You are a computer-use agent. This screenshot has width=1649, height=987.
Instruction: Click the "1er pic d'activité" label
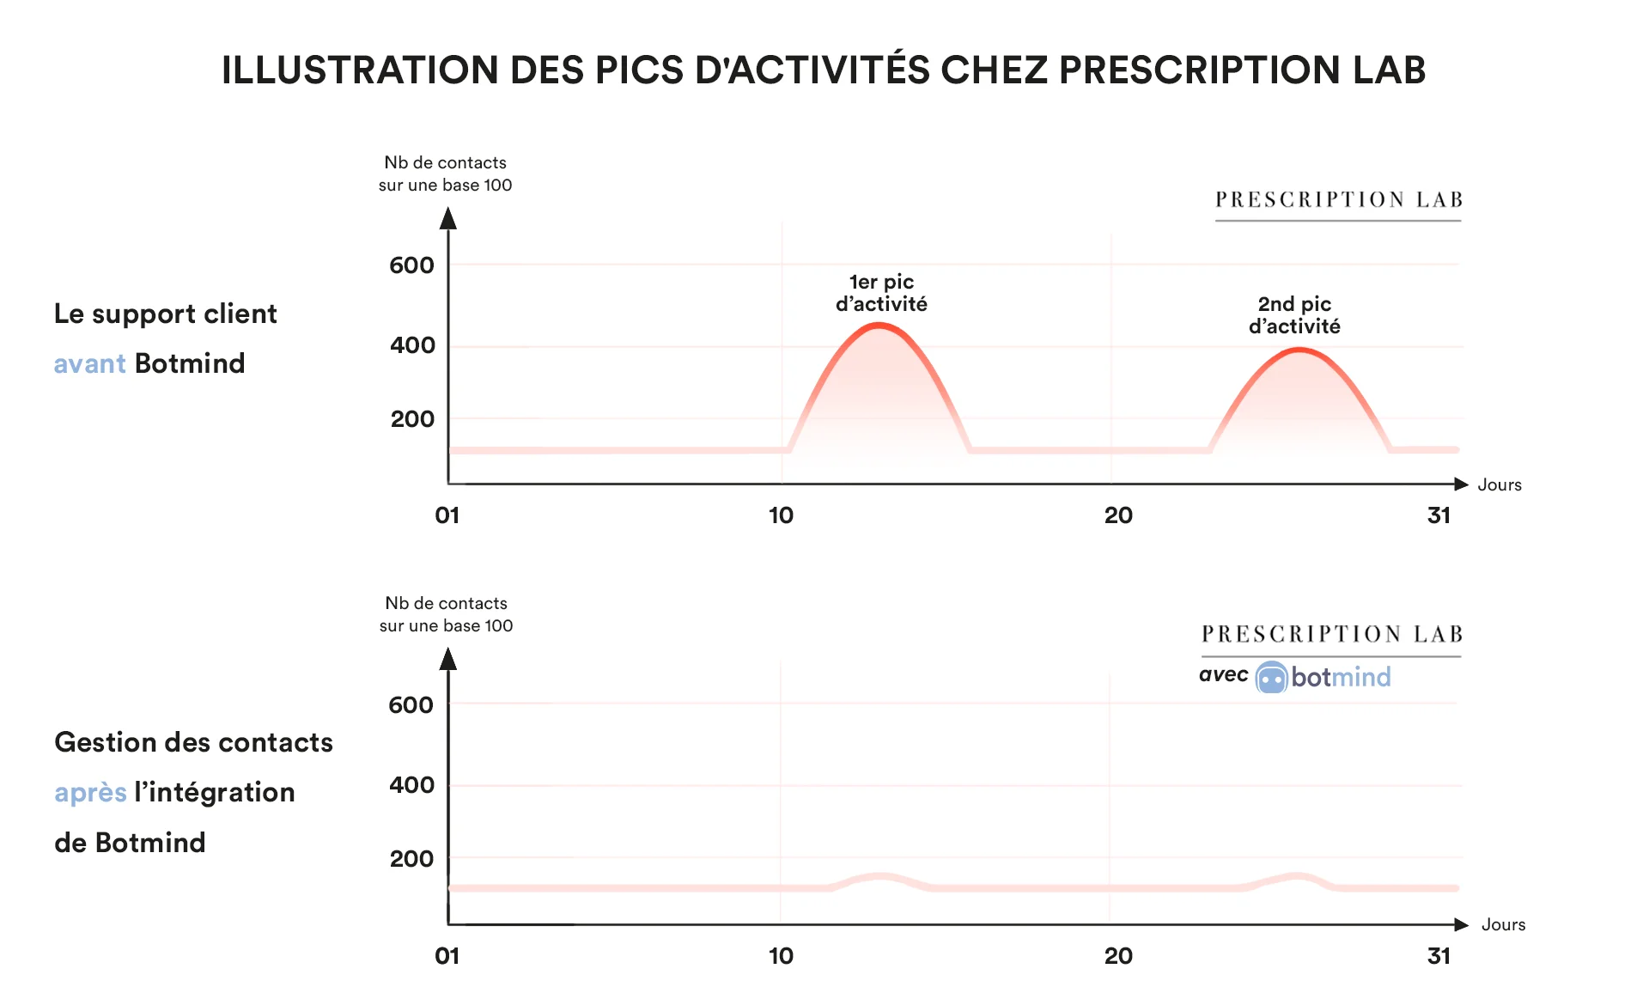coord(881,293)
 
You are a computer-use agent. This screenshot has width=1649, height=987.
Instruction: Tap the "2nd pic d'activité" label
coord(1294,315)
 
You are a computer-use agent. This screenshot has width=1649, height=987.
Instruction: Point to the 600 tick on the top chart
coord(411,265)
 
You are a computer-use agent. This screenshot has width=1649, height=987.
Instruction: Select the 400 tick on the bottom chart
coord(411,785)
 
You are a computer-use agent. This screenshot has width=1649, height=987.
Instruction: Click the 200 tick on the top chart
coord(412,419)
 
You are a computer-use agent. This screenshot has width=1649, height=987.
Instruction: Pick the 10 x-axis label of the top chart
coord(781,515)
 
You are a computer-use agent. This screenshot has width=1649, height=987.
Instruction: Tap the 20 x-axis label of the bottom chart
coord(1118,956)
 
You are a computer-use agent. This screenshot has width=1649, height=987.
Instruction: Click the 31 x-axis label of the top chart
coord(1439,515)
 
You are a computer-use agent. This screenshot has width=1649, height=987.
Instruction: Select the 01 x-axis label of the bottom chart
coord(447,956)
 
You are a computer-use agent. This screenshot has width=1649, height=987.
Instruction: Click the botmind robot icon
coord(1271,678)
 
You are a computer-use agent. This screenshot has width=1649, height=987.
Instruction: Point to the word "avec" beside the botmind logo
coord(1223,675)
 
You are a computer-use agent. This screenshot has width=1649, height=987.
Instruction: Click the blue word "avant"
coord(89,364)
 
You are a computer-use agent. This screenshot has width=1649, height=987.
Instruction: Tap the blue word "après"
coord(90,792)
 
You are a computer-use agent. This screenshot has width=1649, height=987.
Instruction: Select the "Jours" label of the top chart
coord(1499,485)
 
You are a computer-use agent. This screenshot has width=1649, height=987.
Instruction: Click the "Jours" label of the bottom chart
coord(1503,925)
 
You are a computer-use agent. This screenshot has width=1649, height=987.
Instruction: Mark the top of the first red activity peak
coord(879,326)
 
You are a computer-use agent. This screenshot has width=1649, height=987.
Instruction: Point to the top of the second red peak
coord(1300,350)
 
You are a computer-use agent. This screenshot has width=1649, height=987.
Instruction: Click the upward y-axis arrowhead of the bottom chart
coord(447,659)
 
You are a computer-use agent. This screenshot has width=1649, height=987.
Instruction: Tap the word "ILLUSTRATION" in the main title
coord(360,70)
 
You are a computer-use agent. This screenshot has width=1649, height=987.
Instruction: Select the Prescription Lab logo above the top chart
coord(1338,200)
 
